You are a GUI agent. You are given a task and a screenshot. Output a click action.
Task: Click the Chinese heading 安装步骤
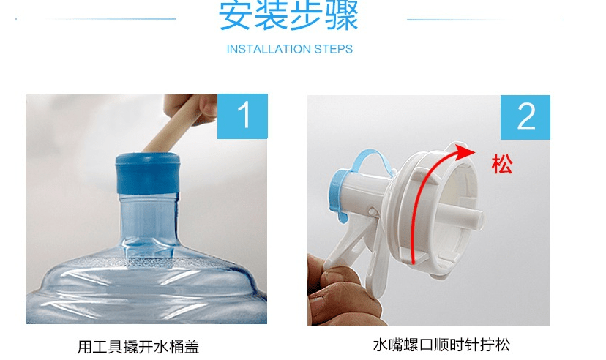(288, 15)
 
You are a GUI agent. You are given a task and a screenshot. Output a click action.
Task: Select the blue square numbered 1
(242, 116)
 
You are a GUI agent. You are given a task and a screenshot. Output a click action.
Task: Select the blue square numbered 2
(525, 117)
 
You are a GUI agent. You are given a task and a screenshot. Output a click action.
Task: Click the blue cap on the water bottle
(148, 173)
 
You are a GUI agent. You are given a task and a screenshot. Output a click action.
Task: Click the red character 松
(501, 164)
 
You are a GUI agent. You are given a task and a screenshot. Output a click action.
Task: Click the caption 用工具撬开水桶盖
(138, 347)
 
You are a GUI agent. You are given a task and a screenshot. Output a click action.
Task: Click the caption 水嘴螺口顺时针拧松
(441, 345)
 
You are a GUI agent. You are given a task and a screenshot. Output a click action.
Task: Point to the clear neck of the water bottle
(149, 224)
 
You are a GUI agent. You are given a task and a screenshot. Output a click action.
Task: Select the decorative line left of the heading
(95, 18)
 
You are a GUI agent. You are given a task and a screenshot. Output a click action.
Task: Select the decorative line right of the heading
(486, 19)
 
